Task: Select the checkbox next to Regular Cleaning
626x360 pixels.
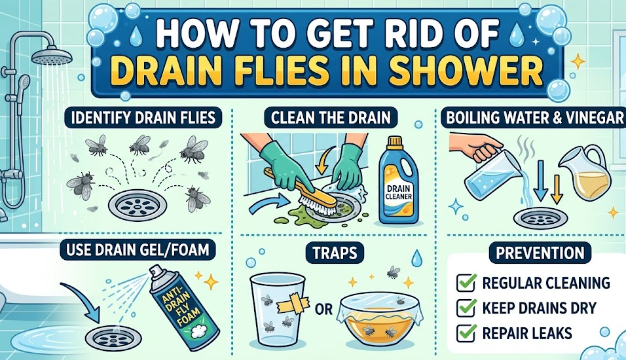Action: [x=466, y=283]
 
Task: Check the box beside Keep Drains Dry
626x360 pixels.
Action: [x=466, y=308]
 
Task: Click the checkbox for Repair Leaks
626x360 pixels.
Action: [x=466, y=333]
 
